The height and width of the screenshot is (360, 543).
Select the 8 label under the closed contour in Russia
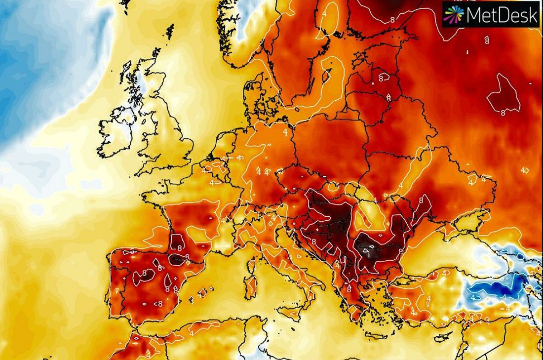click(x=503, y=112)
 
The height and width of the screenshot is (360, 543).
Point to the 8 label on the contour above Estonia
click(x=392, y=20)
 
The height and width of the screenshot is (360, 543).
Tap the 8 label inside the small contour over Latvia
click(x=381, y=78)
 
